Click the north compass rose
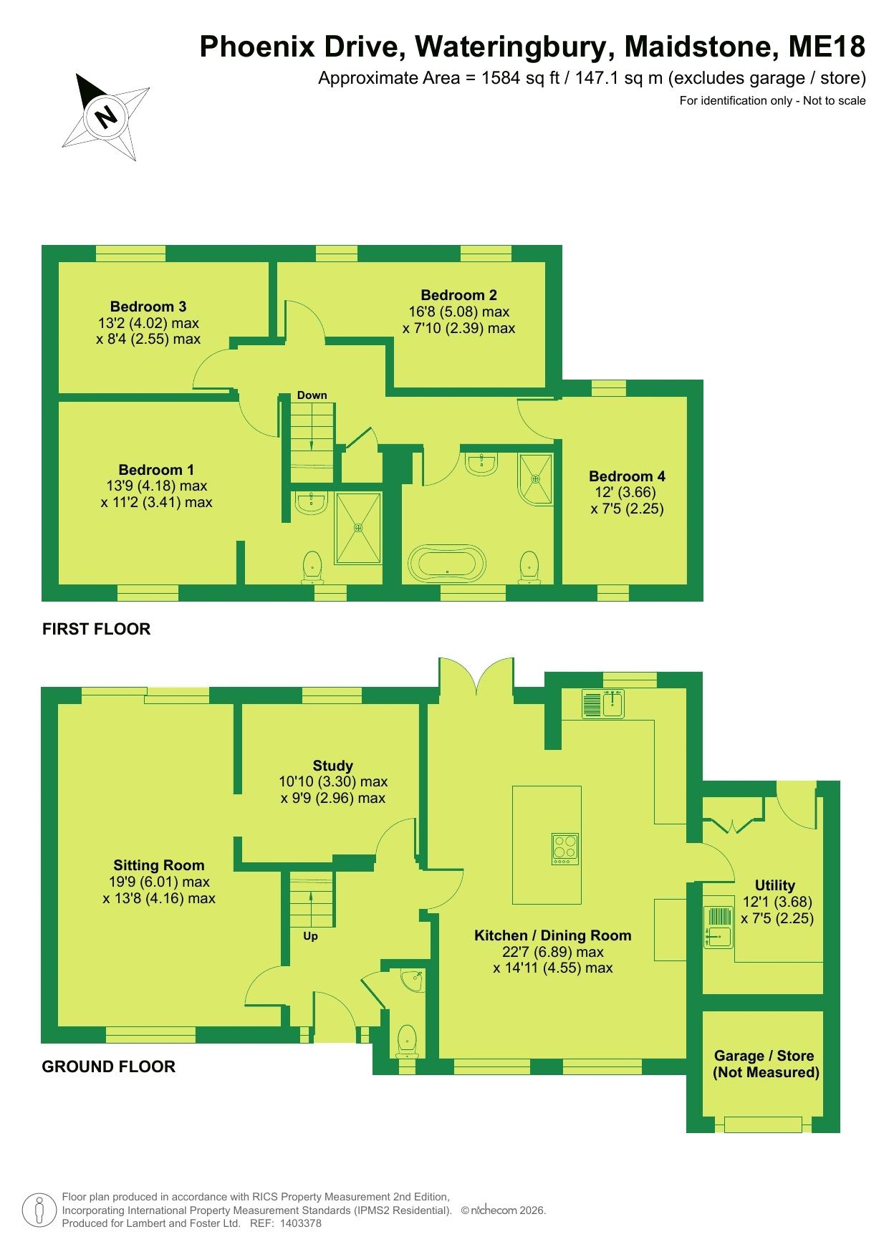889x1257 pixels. click(107, 115)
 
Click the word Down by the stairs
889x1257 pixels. click(312, 395)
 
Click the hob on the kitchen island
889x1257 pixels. click(565, 849)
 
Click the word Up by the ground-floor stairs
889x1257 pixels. click(310, 936)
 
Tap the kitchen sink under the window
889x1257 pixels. click(604, 703)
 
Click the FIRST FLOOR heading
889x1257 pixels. click(97, 629)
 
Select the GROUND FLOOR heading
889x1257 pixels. click(109, 1066)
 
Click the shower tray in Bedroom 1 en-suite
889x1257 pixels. click(358, 527)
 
